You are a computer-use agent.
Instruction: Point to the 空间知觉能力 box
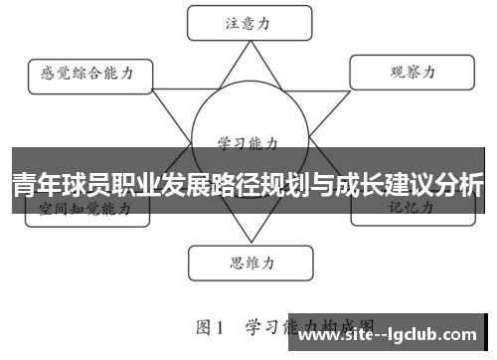point(85,209)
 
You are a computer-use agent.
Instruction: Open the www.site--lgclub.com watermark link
point(394,338)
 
